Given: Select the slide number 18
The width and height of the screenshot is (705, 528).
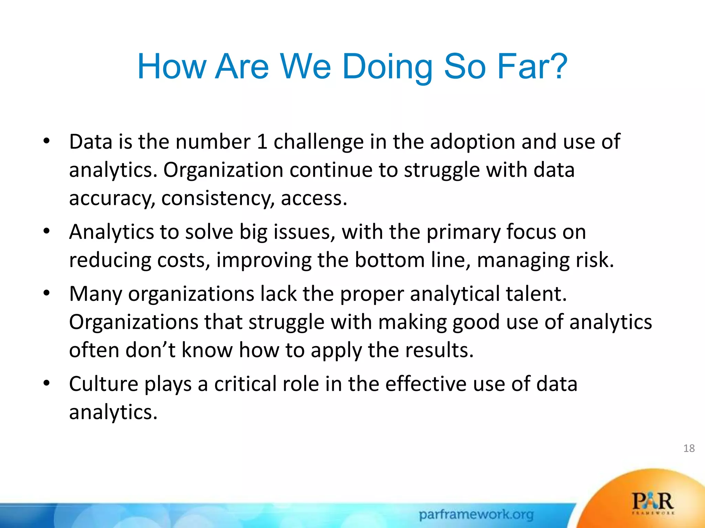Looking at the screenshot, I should click(689, 448).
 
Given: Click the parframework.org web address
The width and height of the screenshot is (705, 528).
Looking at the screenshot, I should click(476, 515).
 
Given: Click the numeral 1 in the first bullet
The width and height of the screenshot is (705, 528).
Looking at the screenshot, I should click(262, 142).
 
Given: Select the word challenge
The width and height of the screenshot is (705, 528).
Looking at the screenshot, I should click(318, 142).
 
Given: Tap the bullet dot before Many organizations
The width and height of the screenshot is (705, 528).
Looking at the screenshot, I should click(47, 293).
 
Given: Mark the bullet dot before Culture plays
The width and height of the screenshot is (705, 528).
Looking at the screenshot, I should click(47, 383).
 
